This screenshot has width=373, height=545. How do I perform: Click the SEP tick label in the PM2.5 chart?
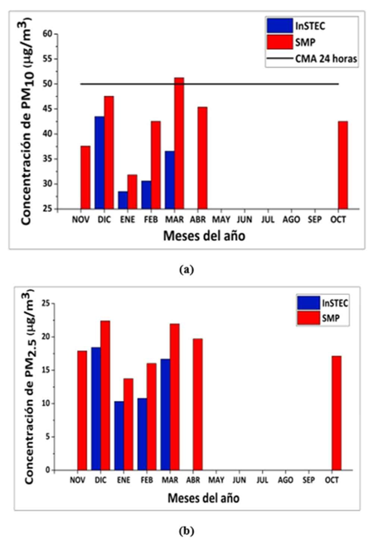[x=314, y=480]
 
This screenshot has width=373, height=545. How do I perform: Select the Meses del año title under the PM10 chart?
[x=196, y=238]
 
